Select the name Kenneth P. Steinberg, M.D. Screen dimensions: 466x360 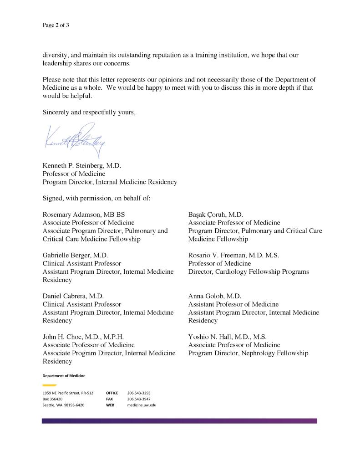82,165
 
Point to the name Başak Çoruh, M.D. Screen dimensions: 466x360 216,214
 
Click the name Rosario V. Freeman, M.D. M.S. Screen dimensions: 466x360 233,255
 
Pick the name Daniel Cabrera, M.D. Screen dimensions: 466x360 73,296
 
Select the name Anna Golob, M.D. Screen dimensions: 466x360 214,296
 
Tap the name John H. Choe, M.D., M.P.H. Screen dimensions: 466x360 83,337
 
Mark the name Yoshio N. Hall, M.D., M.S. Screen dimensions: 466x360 227,337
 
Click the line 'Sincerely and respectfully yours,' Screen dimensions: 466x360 89,112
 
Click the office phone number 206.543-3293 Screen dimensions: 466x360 139,393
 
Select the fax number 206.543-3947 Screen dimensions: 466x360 139,399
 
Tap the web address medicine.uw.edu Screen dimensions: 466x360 142,405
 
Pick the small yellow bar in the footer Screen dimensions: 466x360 49,385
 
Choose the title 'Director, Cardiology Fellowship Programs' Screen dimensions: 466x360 248,271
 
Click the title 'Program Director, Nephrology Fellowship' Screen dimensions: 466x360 248,353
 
